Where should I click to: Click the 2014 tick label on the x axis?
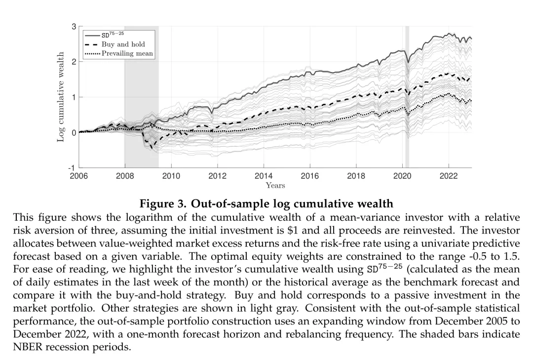[x=264, y=176]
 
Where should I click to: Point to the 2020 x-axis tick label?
[x=402, y=176]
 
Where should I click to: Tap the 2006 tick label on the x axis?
[x=79, y=176]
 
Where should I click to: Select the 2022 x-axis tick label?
[x=448, y=176]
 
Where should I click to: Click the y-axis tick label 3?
[x=74, y=27]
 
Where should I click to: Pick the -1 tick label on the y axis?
[x=72, y=168]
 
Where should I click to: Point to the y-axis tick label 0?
[x=74, y=133]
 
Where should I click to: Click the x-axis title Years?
[x=275, y=186]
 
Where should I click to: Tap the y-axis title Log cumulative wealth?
[x=61, y=96]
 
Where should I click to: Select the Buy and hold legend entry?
[x=123, y=44]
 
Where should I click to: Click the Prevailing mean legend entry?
[x=127, y=53]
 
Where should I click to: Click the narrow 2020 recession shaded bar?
[x=407, y=99]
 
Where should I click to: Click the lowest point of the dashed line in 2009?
[x=152, y=148]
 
